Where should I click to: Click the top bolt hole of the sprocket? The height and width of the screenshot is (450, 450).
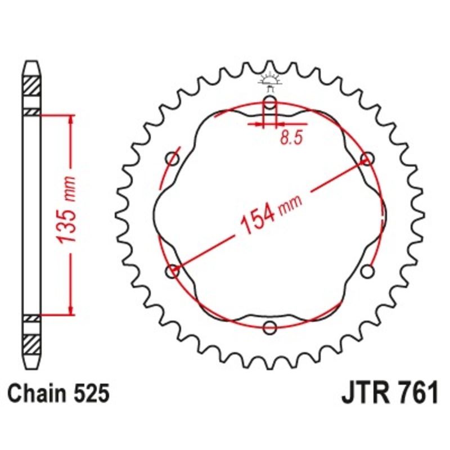pos(270,103)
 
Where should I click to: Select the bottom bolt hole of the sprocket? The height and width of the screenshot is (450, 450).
pos(270,328)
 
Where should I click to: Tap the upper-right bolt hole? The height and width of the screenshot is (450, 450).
pos(367,159)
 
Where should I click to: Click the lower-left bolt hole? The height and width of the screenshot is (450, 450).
pos(173,272)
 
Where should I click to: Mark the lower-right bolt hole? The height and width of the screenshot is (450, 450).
pos(367,272)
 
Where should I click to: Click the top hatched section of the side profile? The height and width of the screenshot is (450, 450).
pos(32,88)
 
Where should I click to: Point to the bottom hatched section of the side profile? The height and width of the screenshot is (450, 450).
pos(32,342)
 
